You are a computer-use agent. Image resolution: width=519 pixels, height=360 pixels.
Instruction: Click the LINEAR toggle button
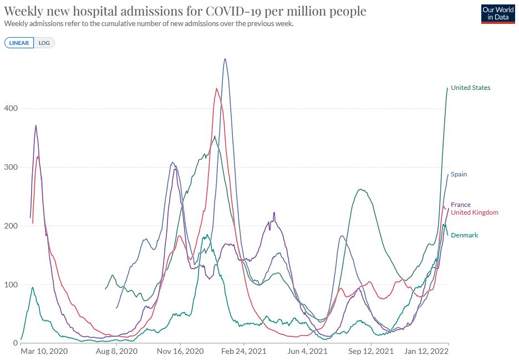click(19, 43)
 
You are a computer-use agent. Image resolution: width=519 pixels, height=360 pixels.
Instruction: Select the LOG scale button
click(44, 43)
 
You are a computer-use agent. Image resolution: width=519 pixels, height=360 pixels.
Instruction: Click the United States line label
click(470, 88)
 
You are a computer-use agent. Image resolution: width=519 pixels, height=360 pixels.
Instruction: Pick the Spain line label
click(459, 174)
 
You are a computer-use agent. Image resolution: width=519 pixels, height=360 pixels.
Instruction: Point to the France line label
click(460, 205)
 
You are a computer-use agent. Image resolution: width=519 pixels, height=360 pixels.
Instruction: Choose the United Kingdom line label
click(474, 212)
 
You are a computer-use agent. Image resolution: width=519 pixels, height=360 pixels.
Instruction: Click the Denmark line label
click(464, 235)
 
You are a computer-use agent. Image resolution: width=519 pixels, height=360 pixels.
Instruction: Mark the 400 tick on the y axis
click(11, 108)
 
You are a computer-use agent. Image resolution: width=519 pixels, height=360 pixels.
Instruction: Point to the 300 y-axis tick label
click(11, 167)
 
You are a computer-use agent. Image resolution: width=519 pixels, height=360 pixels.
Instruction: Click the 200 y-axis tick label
click(11, 226)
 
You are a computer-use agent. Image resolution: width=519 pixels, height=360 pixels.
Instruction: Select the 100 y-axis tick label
click(11, 285)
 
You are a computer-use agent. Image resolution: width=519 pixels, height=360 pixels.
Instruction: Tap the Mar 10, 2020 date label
click(44, 352)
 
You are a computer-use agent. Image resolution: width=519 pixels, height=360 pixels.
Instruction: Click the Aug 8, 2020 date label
click(116, 352)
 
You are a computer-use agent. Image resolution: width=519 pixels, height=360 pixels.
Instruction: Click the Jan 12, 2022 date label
click(426, 352)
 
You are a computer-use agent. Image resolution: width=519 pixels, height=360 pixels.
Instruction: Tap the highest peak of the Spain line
click(225, 59)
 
